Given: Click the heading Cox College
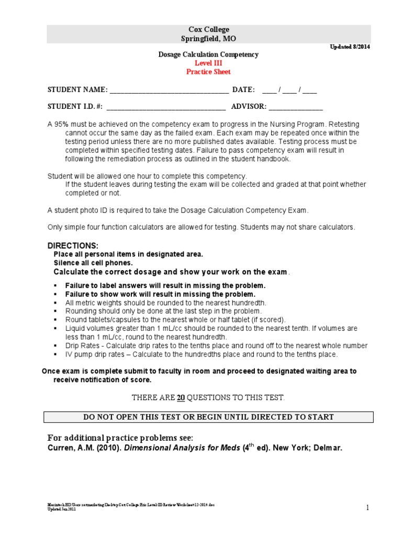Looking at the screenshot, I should [x=208, y=30].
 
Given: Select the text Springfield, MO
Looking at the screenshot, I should [x=208, y=39].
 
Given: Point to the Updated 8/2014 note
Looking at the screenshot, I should [x=350, y=47].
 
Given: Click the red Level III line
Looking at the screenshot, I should [x=208, y=63].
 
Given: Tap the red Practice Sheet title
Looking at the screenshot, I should [x=208, y=72].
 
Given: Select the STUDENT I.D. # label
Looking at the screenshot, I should [x=75, y=107].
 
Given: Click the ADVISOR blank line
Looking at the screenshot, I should [x=296, y=108].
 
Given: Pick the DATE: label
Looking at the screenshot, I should [x=243, y=90].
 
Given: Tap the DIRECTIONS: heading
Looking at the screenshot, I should [x=73, y=245].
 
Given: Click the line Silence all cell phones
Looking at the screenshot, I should [x=93, y=263].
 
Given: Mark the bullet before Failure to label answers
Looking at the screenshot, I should [x=55, y=286].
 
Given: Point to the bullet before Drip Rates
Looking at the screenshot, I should [x=55, y=346].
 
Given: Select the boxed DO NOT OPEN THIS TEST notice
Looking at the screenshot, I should [x=208, y=417].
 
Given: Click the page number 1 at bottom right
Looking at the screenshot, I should [x=367, y=507].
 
